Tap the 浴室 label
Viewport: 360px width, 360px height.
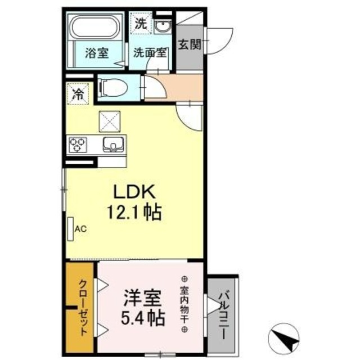96,54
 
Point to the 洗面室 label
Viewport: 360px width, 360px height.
149,54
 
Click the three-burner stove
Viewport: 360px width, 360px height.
78,144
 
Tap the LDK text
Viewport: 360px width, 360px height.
134,192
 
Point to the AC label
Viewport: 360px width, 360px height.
80,228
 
